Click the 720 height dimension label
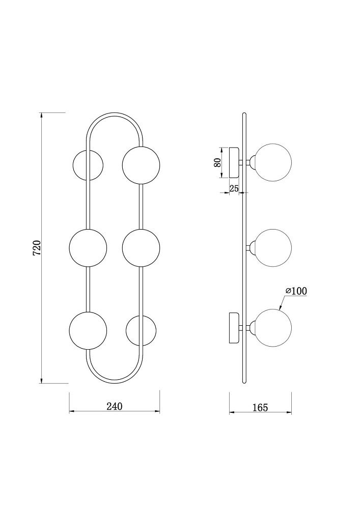click(x=37, y=247)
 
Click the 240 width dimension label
click(x=115, y=406)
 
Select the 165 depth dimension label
click(x=260, y=407)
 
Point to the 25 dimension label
click(x=234, y=188)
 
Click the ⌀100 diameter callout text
click(x=296, y=291)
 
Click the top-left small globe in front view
click(x=88, y=165)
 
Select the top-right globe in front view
click(x=141, y=165)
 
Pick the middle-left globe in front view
click(x=88, y=248)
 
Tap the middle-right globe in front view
click(x=141, y=248)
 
